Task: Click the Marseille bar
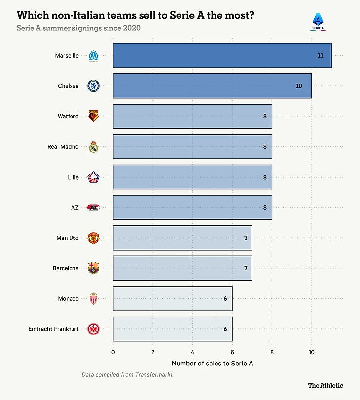click(x=222, y=55)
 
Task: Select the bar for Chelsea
click(x=212, y=86)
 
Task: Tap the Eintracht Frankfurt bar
click(x=173, y=329)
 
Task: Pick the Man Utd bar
click(x=182, y=238)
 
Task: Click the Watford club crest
click(x=93, y=116)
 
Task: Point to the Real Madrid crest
click(x=93, y=146)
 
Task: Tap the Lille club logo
click(x=93, y=177)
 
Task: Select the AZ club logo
click(x=93, y=207)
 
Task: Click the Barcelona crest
click(x=93, y=268)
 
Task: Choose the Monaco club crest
click(x=93, y=298)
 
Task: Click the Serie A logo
click(x=318, y=22)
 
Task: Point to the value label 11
click(x=320, y=55)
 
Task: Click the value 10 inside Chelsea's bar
click(x=299, y=86)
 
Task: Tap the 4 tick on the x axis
click(x=193, y=352)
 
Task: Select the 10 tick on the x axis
click(x=312, y=352)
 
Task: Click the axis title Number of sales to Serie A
click(x=212, y=364)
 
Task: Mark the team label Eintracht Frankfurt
click(x=53, y=329)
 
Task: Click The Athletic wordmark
click(x=325, y=386)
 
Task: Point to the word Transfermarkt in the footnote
click(x=154, y=374)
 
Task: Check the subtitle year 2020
click(x=132, y=28)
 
